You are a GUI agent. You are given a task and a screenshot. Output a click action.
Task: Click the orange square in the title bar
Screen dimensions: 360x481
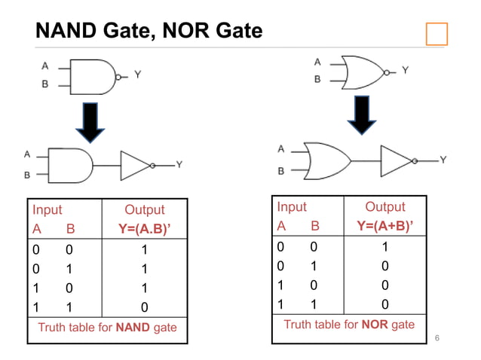(436, 34)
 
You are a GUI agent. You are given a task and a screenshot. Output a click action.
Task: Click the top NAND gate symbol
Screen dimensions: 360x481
(93, 75)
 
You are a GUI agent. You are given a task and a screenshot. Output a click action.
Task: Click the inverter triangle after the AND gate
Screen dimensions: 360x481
(136, 164)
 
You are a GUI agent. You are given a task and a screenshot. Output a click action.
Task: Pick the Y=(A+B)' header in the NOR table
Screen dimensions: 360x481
(385, 225)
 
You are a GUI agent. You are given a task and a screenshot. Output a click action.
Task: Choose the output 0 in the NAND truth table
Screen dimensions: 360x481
(145, 307)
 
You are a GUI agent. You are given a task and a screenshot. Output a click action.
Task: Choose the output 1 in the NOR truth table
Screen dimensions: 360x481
(385, 246)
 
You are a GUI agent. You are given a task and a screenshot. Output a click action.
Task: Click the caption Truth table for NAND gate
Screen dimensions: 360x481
(107, 328)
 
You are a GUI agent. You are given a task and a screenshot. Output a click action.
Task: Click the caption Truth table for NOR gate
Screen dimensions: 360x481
(349, 325)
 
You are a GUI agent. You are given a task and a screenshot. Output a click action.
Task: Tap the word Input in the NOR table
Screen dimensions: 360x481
(292, 207)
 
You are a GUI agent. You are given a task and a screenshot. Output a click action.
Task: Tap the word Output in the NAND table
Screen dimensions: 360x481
(144, 210)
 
